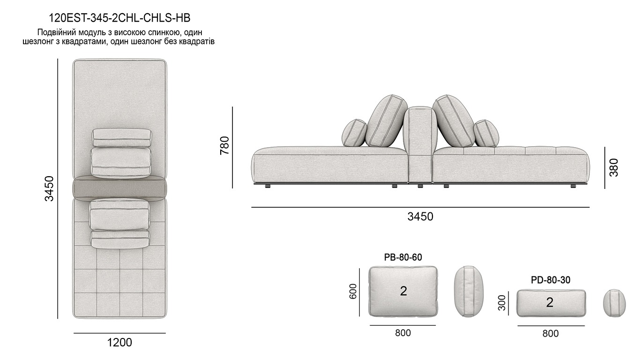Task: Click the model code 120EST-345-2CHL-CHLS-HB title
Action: (119, 18)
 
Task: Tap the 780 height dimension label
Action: (224, 145)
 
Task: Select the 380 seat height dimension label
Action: (614, 167)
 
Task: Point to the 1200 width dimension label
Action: (119, 343)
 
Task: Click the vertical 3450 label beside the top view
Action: (49, 188)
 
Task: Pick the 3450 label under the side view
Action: (420, 217)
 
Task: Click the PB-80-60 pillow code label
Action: (403, 257)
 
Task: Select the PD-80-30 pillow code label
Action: (551, 280)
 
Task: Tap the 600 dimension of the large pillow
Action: (353, 292)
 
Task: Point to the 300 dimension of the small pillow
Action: (502, 303)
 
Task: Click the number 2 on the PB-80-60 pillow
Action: (403, 291)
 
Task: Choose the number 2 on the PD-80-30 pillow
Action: (550, 302)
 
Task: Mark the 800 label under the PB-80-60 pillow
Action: (403, 333)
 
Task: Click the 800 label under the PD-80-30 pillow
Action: (551, 333)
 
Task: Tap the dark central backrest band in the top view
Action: (120, 188)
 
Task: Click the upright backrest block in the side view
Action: (420, 141)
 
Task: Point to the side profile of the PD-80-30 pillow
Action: (614, 303)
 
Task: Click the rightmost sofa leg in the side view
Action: (573, 186)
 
